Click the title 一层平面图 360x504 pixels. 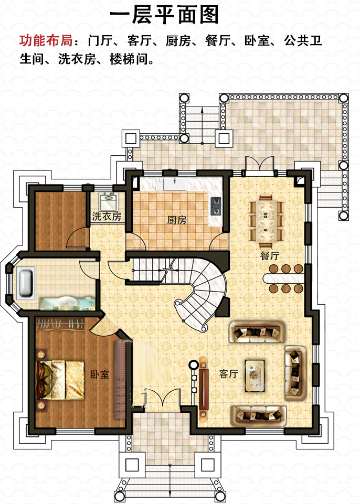(x=164, y=15)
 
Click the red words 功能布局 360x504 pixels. (x=46, y=41)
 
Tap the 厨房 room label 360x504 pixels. (x=177, y=220)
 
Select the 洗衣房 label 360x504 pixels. (x=107, y=216)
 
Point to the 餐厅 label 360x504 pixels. (x=270, y=256)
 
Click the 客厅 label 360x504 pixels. (x=229, y=373)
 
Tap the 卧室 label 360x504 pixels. (x=99, y=374)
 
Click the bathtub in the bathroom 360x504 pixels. (x=26, y=283)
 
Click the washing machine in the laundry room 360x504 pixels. (x=108, y=201)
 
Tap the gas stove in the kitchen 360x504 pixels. (x=216, y=206)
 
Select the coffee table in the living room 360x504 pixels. (x=255, y=376)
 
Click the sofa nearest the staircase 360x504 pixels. (x=257, y=331)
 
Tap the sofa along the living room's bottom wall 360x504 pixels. (x=258, y=415)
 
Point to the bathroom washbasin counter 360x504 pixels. (x=67, y=304)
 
